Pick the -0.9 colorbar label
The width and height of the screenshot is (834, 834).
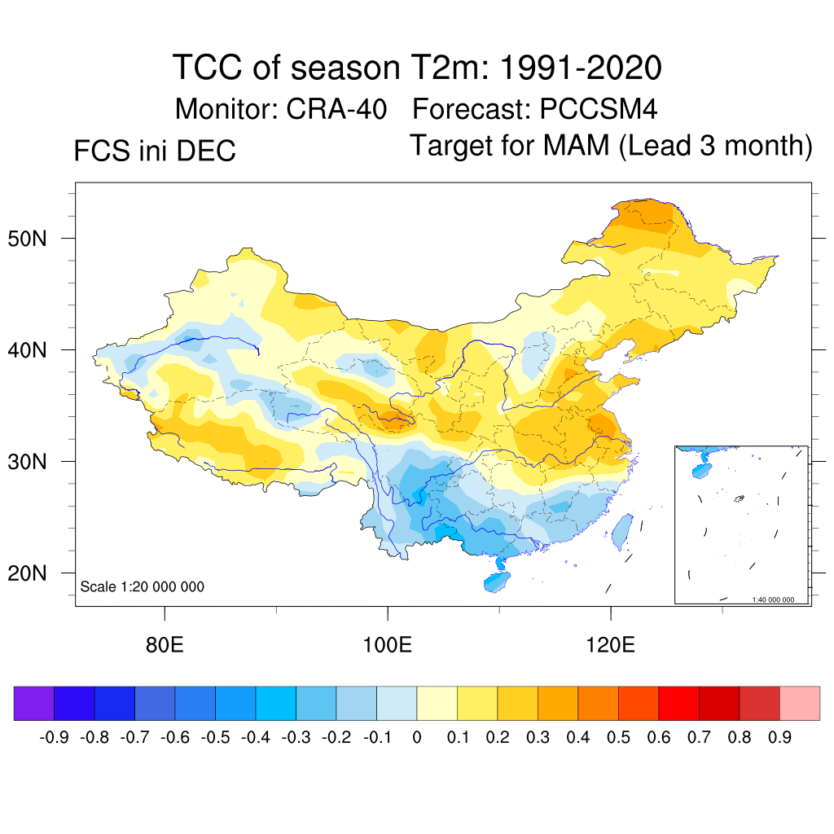55,738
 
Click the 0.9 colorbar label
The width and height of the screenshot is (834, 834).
779,738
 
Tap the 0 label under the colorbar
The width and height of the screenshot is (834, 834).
417,738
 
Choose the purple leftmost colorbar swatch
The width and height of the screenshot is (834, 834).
34,703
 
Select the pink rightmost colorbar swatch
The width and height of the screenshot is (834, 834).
800,703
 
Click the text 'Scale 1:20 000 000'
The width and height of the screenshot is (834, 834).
143,587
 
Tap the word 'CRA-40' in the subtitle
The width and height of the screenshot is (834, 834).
336,109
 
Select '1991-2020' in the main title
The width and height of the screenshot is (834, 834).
579,68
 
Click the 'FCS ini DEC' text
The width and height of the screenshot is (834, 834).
155,151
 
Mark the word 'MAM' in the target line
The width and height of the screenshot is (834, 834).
577,147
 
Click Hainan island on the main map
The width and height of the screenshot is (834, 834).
496,582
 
